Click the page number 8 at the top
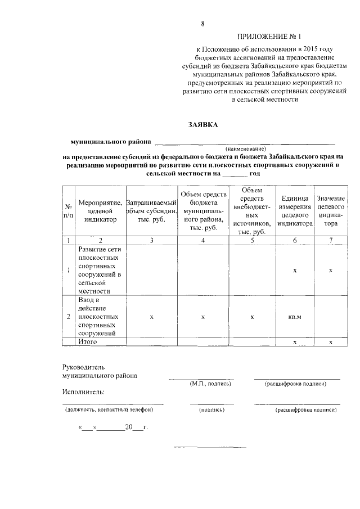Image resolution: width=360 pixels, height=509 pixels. [202, 23]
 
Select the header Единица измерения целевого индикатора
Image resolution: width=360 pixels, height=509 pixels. [295, 211]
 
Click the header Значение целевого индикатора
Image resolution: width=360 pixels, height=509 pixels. [331, 211]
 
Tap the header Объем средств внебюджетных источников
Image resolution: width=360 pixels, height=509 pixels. [252, 211]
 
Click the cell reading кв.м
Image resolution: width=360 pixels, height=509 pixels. [295, 317]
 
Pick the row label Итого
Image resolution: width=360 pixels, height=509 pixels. [88, 341]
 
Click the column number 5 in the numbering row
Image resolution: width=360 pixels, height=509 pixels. [252, 241]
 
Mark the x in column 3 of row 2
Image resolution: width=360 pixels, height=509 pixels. [151, 317]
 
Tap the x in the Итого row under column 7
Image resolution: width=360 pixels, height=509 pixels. [331, 341]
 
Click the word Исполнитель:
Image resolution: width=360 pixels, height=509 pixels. [83, 391]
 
